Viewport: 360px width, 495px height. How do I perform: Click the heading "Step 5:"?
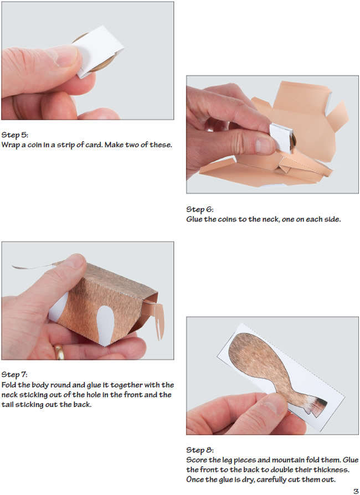(15, 135)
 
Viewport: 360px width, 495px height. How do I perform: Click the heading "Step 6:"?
(200, 209)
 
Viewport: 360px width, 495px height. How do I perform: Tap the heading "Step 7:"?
(14, 375)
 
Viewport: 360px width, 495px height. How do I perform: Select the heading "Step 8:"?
(200, 450)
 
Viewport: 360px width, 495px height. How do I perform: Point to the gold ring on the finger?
(59, 352)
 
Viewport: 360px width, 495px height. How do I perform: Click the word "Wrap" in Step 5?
(10, 145)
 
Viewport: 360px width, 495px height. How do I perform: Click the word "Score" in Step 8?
(196, 460)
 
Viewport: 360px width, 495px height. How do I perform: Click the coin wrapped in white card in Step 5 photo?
(98, 52)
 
